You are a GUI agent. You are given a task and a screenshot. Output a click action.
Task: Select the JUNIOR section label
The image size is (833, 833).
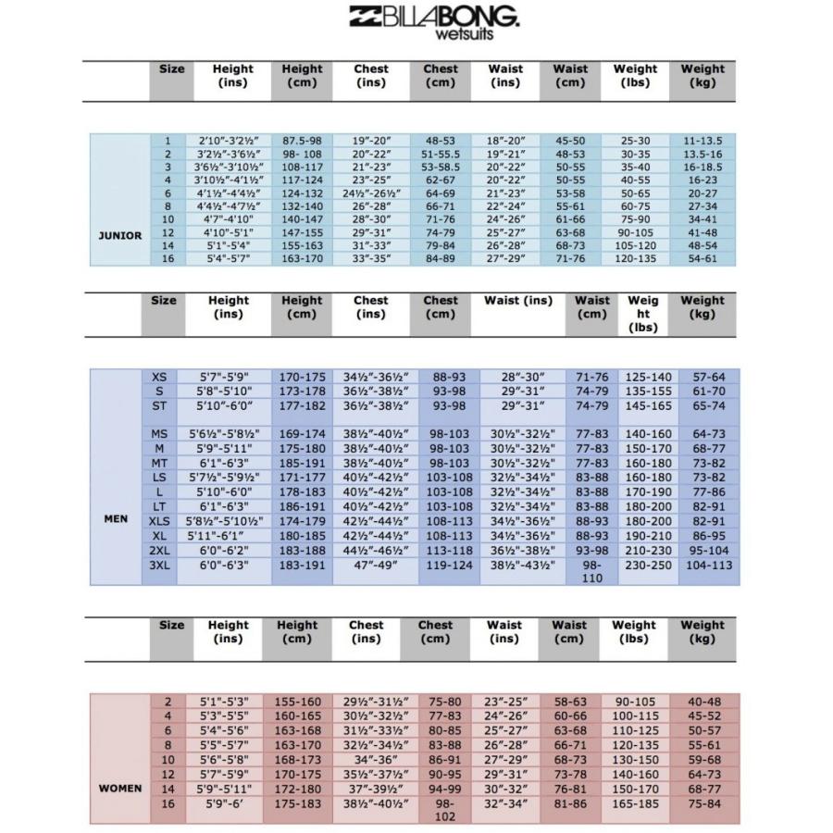tap(120, 235)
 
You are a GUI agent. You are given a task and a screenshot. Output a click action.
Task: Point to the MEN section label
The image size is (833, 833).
tap(116, 519)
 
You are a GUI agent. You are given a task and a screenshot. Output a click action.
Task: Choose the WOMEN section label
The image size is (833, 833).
tap(120, 789)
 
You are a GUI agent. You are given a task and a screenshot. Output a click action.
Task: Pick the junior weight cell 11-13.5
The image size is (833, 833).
tap(702, 141)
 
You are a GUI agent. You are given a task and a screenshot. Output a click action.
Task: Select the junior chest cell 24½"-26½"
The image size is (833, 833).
tap(370, 193)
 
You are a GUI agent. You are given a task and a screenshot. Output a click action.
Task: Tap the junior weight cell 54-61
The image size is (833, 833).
tap(702, 258)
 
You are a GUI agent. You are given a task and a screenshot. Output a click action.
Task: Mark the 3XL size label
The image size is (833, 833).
tap(159, 564)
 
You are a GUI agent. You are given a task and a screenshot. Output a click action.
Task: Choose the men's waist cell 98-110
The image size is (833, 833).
tap(592, 570)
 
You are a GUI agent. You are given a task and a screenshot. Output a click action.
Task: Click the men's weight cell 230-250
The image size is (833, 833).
tap(648, 564)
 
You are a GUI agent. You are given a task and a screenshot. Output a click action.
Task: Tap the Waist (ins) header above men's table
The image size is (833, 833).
tap(518, 301)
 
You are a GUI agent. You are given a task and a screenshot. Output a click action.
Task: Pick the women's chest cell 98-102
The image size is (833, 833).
tap(435, 810)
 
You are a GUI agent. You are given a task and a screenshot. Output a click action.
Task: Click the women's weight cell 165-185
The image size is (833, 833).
tap(634, 803)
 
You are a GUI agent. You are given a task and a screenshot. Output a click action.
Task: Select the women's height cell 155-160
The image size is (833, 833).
tap(297, 702)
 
